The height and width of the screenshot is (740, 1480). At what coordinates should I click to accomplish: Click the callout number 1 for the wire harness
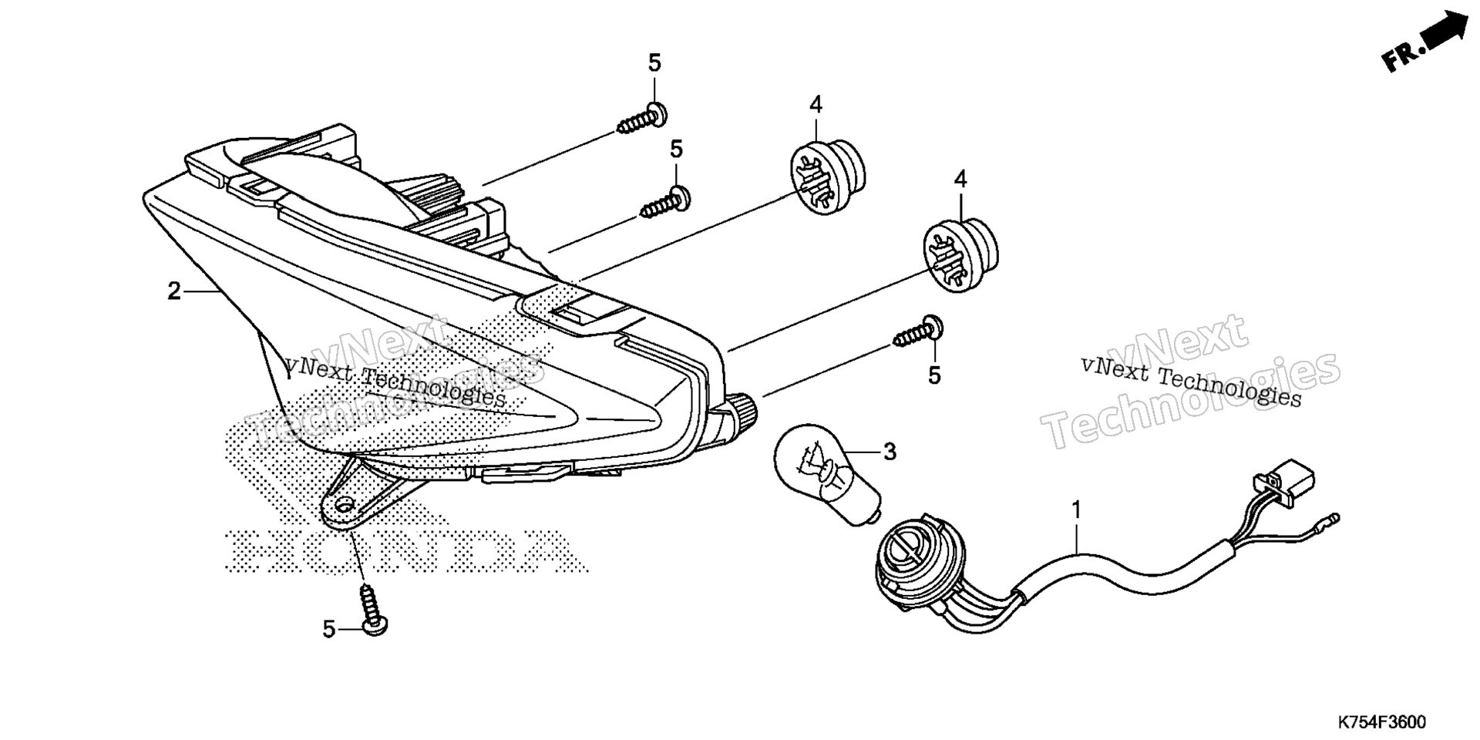[x=1076, y=510]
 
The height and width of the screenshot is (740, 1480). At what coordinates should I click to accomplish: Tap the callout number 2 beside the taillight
[x=174, y=291]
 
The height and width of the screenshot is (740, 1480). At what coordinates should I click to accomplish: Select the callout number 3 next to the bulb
[x=890, y=452]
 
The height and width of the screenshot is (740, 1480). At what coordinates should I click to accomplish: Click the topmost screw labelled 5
[x=642, y=119]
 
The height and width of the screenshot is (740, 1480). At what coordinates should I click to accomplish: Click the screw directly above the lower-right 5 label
[x=920, y=332]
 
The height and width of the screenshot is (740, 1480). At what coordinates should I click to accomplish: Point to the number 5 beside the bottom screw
[x=328, y=629]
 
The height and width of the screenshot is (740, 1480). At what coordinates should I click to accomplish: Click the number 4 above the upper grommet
[x=816, y=104]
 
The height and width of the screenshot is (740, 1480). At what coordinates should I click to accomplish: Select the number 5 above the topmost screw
[x=654, y=62]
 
